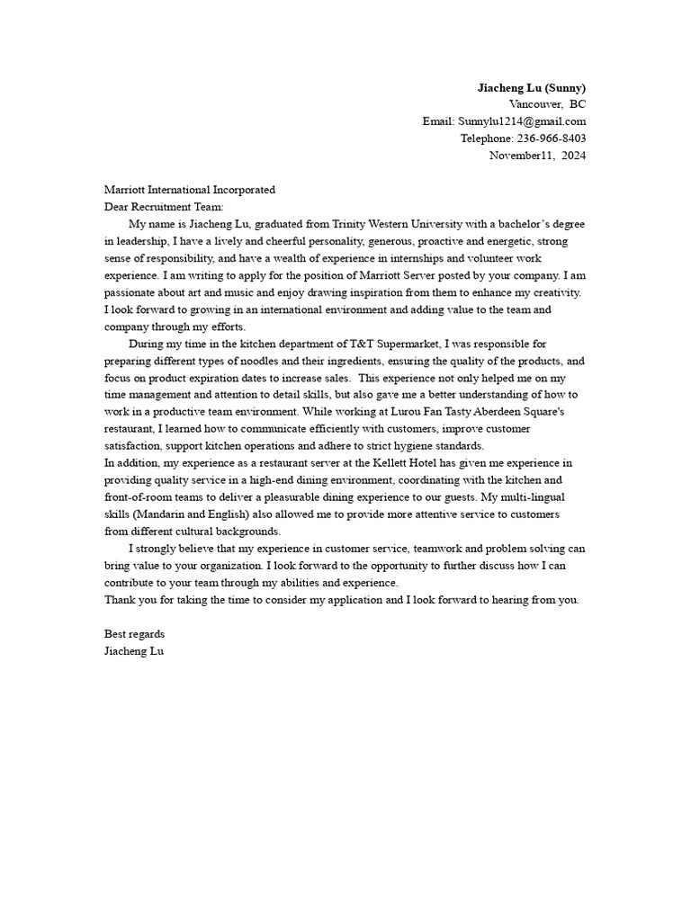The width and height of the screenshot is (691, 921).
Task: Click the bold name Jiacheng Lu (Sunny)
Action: click(531, 87)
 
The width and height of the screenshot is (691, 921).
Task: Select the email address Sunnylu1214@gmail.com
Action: click(522, 121)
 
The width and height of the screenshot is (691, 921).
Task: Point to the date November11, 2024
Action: click(537, 156)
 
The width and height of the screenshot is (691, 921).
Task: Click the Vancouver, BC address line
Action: click(547, 104)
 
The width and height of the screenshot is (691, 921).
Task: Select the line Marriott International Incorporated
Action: click(190, 190)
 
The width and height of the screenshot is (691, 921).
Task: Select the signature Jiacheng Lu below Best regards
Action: click(134, 651)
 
